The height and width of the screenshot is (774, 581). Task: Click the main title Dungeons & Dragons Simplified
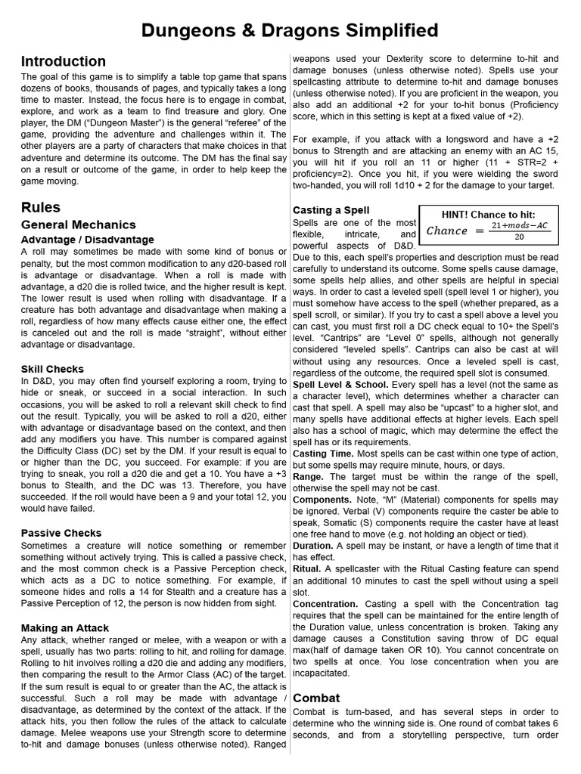pyautogui.click(x=290, y=30)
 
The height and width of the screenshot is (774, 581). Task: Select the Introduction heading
pyautogui.click(x=64, y=62)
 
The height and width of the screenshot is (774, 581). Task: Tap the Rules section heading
pyautogui.click(x=41, y=207)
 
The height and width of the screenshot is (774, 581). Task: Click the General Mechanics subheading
pyautogui.click(x=79, y=224)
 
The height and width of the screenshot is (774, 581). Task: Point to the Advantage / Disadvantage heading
pyautogui.click(x=88, y=240)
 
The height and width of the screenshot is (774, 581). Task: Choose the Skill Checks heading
pyautogui.click(x=52, y=369)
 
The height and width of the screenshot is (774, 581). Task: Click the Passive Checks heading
pyautogui.click(x=61, y=534)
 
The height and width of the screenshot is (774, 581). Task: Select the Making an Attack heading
pyautogui.click(x=65, y=628)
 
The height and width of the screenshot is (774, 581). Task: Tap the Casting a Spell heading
pyautogui.click(x=331, y=210)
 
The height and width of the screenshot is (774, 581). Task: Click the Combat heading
pyautogui.click(x=316, y=698)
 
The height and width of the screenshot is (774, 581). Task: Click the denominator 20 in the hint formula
pyautogui.click(x=519, y=237)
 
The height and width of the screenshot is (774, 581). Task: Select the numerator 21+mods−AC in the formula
pyautogui.click(x=519, y=226)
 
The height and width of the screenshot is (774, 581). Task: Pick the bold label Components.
pyautogui.click(x=322, y=500)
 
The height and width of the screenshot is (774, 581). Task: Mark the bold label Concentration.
pyautogui.click(x=325, y=604)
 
